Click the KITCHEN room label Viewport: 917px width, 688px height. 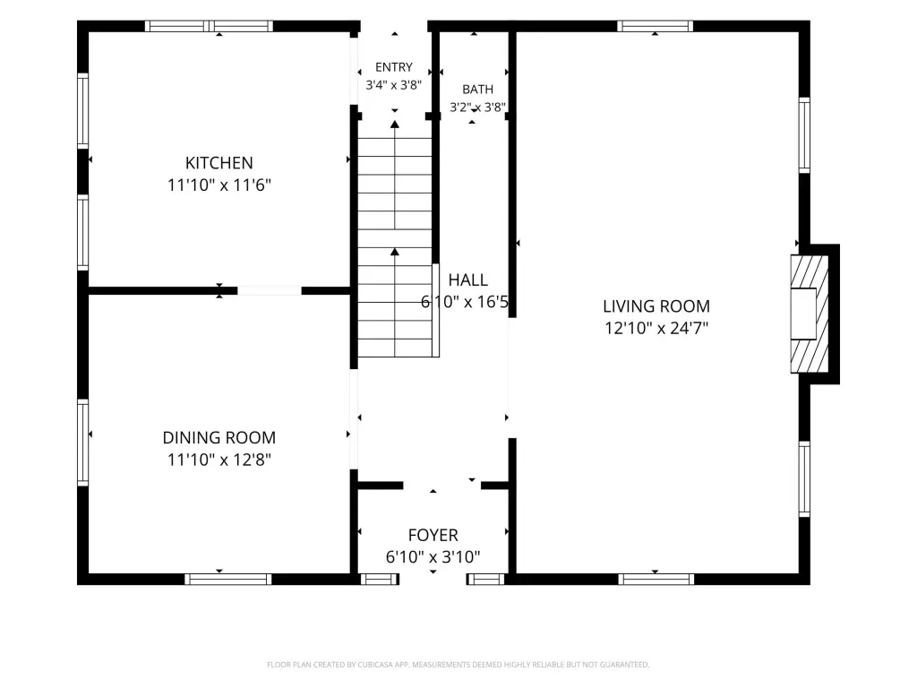point(219,163)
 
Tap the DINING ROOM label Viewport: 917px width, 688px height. point(219,437)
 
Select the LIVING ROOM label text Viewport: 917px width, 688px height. point(656,306)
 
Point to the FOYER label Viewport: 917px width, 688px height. point(433,535)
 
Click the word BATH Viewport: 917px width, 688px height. point(478,90)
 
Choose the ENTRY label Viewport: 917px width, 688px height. point(394,67)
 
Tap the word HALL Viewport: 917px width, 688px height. point(467,280)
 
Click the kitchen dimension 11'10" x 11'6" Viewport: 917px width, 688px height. point(219,185)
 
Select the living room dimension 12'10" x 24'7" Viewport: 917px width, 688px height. point(656,328)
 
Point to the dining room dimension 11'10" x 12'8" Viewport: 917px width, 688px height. point(219,460)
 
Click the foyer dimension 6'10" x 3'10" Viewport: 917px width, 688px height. point(433,556)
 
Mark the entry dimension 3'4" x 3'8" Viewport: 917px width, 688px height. point(394,85)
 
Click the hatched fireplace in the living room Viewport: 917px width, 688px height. point(810,314)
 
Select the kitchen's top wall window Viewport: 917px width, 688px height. point(209,26)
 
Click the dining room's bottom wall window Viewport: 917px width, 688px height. point(228,580)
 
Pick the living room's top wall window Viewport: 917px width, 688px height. point(655,26)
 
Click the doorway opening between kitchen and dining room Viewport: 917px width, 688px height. point(270,291)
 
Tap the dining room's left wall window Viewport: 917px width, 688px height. point(83,443)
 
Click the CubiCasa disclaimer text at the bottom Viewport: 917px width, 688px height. point(458,665)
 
